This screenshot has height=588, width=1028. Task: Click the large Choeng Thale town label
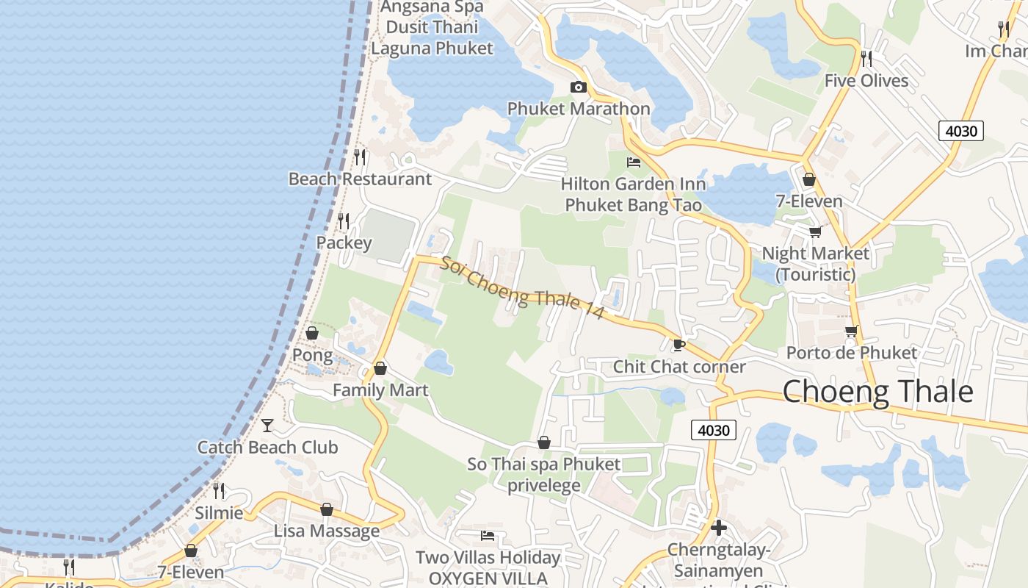[x=877, y=392]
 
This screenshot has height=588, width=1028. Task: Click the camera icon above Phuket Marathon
[x=579, y=87]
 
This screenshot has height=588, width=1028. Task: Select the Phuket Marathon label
[x=579, y=109]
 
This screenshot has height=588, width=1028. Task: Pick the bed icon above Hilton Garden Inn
[x=634, y=162]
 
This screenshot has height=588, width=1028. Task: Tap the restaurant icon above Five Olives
[x=866, y=58]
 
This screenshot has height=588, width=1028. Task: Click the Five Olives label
[x=866, y=81]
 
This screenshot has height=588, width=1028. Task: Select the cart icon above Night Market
[x=815, y=232]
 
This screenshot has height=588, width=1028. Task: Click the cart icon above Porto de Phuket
[x=851, y=331]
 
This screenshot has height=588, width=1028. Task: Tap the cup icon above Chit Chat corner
[x=678, y=344]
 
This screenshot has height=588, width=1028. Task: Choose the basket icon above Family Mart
[x=380, y=367]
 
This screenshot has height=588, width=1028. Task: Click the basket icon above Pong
[x=312, y=333]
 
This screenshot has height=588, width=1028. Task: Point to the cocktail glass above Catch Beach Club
[x=267, y=425]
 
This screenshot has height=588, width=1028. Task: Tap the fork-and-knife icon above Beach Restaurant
[x=360, y=157]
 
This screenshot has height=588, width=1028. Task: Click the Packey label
[x=344, y=243]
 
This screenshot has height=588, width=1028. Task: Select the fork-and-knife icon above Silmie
[x=219, y=490]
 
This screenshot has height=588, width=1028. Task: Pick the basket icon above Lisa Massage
[x=327, y=509]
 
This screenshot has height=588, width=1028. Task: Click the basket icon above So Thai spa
[x=544, y=442]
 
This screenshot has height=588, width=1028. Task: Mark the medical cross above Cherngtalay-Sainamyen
[x=719, y=527]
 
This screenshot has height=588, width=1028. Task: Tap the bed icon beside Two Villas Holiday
[x=488, y=535]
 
